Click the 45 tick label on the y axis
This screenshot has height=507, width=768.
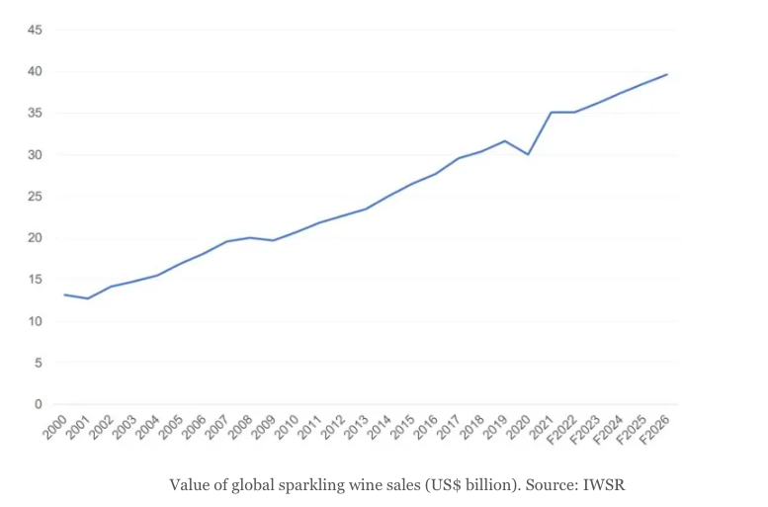35,30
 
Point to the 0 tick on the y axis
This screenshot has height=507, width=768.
38,404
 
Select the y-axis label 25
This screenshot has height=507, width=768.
35,197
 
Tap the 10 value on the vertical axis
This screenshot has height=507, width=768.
35,321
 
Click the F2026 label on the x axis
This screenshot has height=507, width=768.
659,429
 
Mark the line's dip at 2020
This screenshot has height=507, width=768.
529,154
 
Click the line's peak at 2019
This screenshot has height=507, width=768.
505,140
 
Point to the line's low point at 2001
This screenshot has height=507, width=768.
88,298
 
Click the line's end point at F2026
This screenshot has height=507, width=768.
667,74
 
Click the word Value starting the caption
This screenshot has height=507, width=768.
189,485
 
